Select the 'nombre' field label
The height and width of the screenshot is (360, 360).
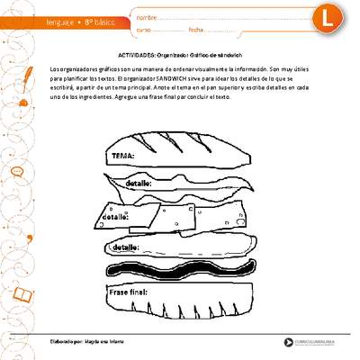pos(147,14)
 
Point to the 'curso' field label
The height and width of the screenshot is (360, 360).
pos(144,29)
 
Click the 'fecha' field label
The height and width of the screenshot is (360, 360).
pos(197,29)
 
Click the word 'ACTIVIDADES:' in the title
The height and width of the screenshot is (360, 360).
pos(136,55)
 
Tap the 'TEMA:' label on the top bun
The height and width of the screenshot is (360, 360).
pos(122,156)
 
